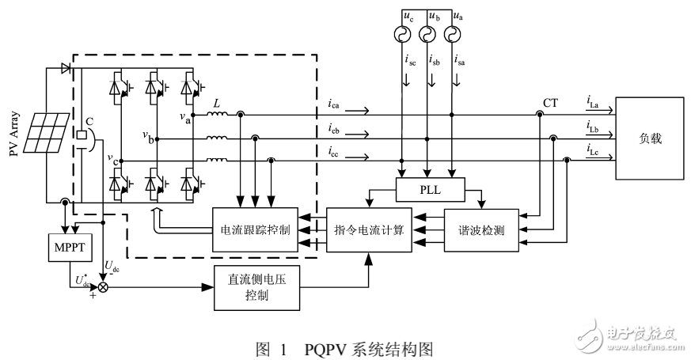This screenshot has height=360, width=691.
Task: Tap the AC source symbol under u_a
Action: click(453, 35)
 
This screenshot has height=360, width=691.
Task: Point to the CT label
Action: click(551, 103)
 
